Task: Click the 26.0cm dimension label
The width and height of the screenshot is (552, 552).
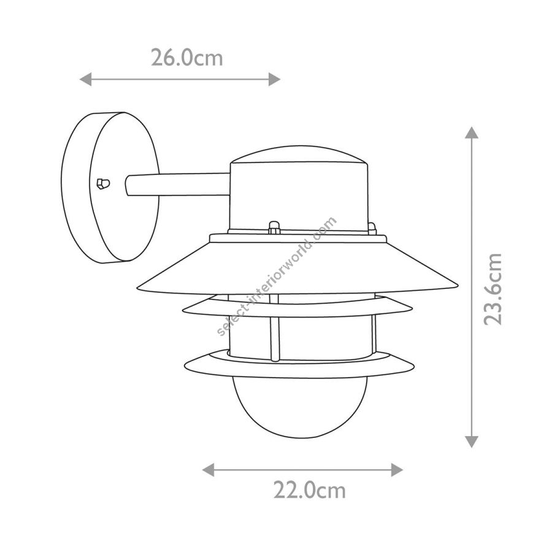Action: point(187,58)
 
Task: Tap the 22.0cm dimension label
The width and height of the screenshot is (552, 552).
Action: point(310,491)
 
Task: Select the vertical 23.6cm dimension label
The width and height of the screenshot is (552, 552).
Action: point(492,289)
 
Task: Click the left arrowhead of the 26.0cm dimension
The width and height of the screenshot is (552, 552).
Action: point(85,79)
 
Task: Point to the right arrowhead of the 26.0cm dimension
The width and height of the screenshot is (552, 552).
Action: point(275,79)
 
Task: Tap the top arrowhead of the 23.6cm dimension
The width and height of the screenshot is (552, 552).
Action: point(472,132)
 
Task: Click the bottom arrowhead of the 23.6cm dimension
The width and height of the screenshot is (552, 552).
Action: point(472,442)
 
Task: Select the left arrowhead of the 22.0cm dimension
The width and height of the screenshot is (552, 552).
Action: point(209,470)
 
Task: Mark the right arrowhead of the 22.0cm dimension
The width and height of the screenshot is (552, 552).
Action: point(397,470)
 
